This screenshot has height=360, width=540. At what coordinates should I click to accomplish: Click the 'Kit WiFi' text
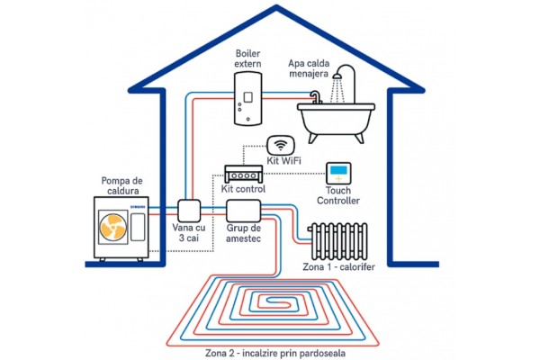click(283, 162)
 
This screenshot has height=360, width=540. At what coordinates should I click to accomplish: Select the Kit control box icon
click(244, 172)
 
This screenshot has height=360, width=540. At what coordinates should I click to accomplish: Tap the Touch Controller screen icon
click(339, 173)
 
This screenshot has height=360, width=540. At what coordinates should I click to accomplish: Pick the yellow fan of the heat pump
click(113, 227)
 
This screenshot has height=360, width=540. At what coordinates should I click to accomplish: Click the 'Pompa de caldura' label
click(125, 185)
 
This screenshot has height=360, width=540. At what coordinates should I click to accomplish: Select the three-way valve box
click(190, 211)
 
